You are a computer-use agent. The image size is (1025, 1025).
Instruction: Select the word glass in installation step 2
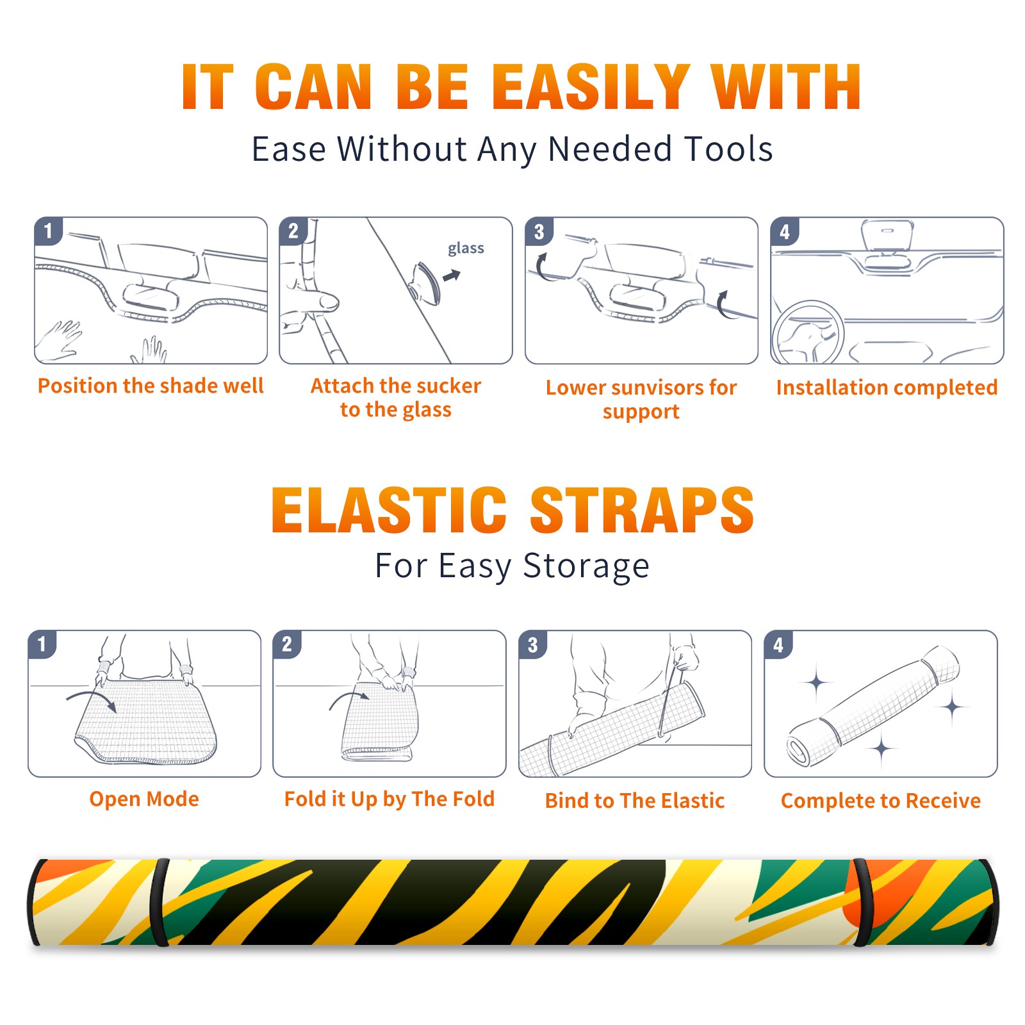coord(466,249)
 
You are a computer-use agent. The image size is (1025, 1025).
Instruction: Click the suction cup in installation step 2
coord(426,283)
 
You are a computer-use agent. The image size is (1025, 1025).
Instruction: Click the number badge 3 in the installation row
coord(539,231)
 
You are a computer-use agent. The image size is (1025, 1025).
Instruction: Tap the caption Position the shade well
coord(151,386)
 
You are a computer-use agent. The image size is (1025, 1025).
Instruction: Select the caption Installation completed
coord(887,387)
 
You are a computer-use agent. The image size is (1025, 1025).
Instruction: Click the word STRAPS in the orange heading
coord(642,510)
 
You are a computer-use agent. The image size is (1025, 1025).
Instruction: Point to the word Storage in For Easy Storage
coord(586,566)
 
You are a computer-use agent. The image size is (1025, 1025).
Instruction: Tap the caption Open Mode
coord(144,799)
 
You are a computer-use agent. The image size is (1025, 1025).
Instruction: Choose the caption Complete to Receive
coord(881,801)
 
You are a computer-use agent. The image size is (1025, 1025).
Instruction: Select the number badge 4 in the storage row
coord(778,644)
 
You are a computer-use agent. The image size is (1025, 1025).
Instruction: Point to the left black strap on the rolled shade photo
coord(160,902)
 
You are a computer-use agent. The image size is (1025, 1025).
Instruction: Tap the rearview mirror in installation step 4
coord(887,234)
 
